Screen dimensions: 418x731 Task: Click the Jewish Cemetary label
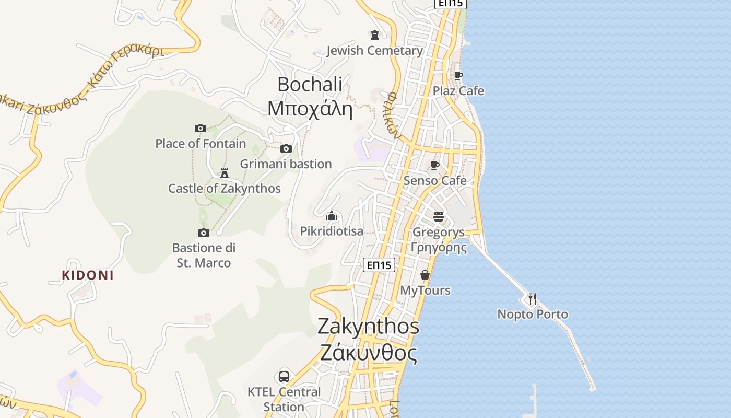374,51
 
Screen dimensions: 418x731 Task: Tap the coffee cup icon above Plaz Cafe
458,76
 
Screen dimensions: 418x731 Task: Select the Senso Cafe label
435,181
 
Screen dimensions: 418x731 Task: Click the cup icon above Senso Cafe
434,166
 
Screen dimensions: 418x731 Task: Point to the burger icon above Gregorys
438,216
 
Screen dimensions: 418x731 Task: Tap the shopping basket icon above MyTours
425,275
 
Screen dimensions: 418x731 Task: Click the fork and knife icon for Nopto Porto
532,299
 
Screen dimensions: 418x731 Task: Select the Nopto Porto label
532,315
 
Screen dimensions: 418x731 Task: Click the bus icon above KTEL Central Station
284,376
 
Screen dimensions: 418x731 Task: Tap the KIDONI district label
88,275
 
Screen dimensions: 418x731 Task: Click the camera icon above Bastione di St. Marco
204,233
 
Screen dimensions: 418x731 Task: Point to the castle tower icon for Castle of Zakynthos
225,172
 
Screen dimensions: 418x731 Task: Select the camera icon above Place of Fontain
201,128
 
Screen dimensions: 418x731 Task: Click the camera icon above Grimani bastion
286,149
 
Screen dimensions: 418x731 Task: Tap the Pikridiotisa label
332,231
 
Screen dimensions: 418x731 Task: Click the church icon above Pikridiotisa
332,216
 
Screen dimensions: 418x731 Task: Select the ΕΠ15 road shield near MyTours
379,265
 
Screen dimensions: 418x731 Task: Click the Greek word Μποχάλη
310,109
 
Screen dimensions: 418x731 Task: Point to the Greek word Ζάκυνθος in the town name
369,353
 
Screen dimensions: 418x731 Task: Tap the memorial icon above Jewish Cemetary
374,35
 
